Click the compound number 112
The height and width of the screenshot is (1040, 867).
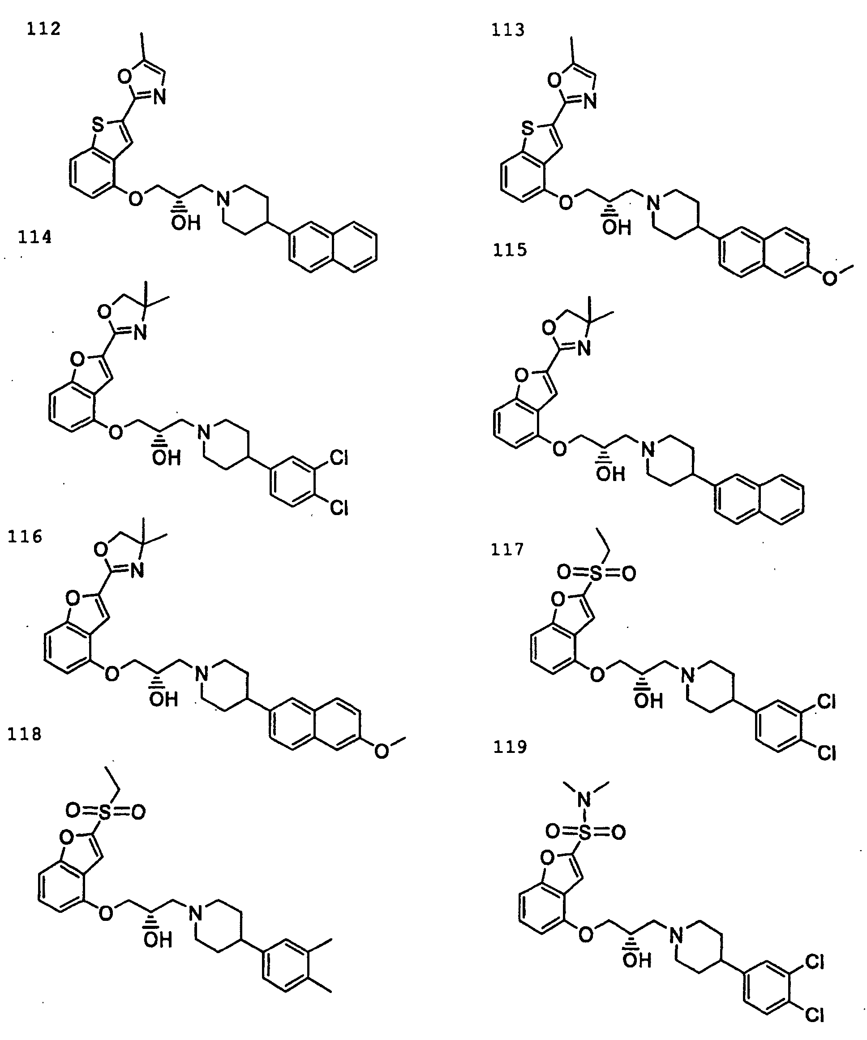click(43, 29)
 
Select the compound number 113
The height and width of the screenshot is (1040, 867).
click(507, 30)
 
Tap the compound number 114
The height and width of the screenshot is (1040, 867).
click(34, 237)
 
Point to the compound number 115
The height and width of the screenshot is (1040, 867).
click(510, 249)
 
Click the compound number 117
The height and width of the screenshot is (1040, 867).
click(507, 550)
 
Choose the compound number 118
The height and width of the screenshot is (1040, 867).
click(24, 734)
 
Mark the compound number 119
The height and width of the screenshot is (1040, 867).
click(510, 746)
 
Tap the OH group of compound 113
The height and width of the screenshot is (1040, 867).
click(617, 228)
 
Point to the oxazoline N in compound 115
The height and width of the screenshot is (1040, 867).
click(584, 348)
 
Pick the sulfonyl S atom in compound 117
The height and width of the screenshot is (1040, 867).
click(597, 573)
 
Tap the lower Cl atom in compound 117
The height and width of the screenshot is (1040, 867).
click(826, 753)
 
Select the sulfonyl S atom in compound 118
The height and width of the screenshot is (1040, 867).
click(105, 812)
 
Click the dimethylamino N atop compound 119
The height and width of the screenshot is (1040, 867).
click(585, 799)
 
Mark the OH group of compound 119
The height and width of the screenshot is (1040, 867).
click(637, 961)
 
